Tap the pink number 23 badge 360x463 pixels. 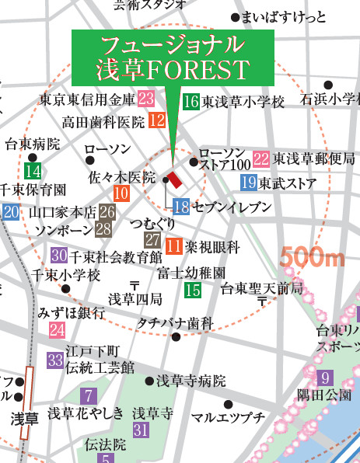pyautogui.click(x=145, y=99)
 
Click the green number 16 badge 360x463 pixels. pyautogui.click(x=191, y=101)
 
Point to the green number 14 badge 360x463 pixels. pyautogui.click(x=33, y=171)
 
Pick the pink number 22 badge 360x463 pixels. pyautogui.click(x=261, y=158)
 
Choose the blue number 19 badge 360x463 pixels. pyautogui.click(x=249, y=183)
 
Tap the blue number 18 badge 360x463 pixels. pyautogui.click(x=181, y=207)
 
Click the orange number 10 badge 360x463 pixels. pyautogui.click(x=121, y=194)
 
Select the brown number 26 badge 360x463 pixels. pyautogui.click(x=107, y=211)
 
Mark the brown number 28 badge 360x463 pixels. pyautogui.click(x=103, y=229)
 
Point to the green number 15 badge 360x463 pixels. pyautogui.click(x=192, y=291)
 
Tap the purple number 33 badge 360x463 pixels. pyautogui.click(x=54, y=360)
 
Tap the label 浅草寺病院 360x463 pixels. pyautogui.click(x=191, y=381)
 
